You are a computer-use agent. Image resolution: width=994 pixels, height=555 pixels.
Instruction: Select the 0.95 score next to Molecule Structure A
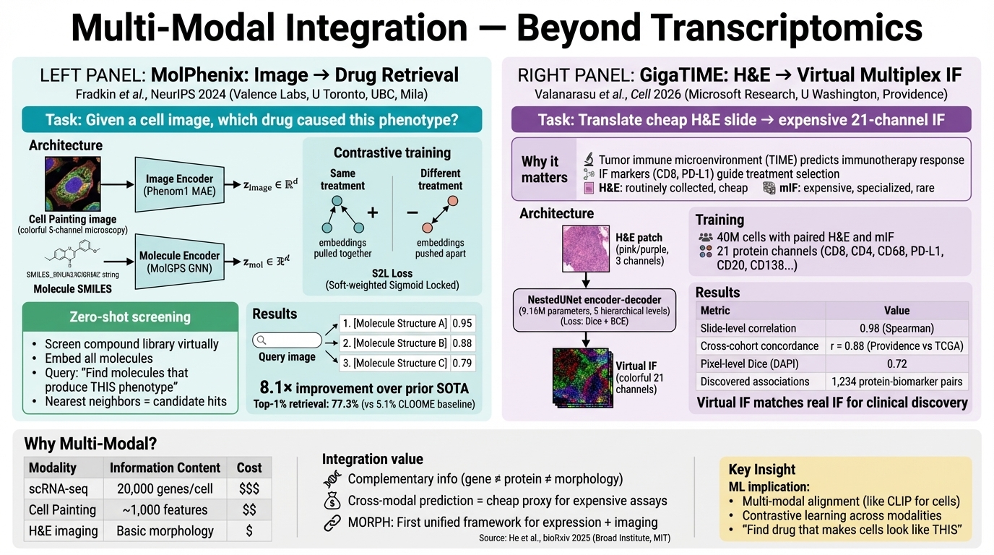(x=462, y=323)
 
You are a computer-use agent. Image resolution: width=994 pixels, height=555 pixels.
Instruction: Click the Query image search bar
(x=287, y=340)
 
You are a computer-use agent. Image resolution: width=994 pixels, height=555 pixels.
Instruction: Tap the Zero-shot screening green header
(x=130, y=317)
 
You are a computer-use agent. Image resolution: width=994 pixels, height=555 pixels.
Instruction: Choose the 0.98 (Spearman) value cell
(x=896, y=328)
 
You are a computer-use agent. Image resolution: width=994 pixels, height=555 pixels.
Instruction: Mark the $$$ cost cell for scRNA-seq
(x=248, y=489)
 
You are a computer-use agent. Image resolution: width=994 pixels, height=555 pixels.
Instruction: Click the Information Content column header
(x=165, y=468)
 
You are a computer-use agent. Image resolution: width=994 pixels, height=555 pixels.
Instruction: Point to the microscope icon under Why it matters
(x=589, y=160)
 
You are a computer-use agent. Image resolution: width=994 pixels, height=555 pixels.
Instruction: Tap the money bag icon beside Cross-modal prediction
(x=332, y=500)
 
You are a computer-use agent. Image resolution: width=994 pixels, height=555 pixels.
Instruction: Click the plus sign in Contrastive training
(x=373, y=212)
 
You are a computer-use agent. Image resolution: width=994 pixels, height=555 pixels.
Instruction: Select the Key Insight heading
(x=761, y=469)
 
